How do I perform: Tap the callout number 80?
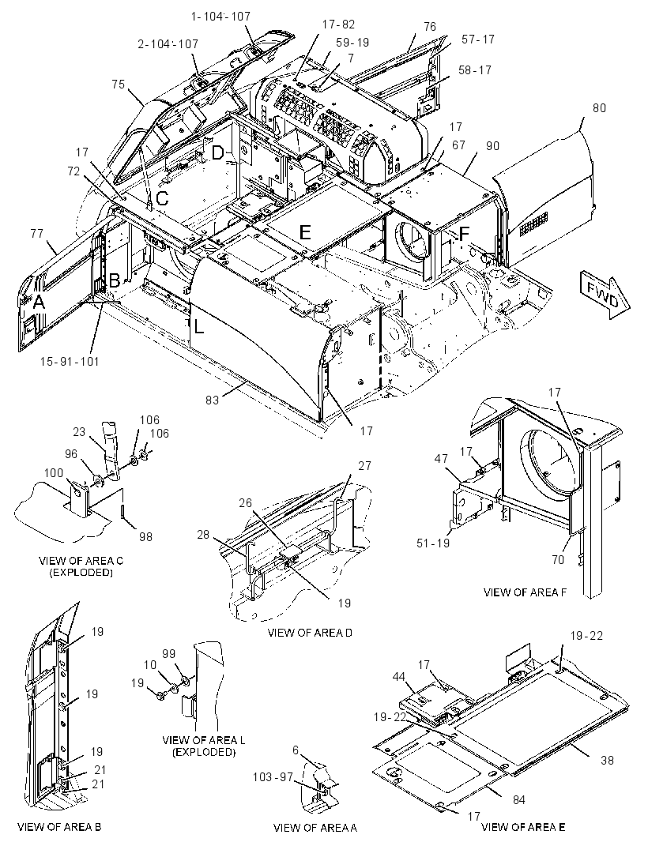(x=599, y=108)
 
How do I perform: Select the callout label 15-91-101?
(x=70, y=362)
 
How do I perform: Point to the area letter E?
(x=305, y=232)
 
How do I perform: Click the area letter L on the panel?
(x=199, y=326)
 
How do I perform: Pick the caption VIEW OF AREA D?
(x=310, y=633)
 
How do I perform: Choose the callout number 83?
(x=213, y=400)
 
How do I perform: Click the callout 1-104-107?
(x=220, y=17)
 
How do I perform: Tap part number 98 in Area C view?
(x=145, y=536)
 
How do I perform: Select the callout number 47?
(x=441, y=459)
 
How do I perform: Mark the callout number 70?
(x=558, y=559)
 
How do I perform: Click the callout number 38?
(x=607, y=760)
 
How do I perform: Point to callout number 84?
(x=518, y=799)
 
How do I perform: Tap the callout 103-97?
(x=273, y=776)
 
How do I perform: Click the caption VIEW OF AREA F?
(x=525, y=592)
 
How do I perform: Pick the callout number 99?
(x=169, y=653)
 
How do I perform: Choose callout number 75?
(x=119, y=85)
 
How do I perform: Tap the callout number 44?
(x=398, y=677)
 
